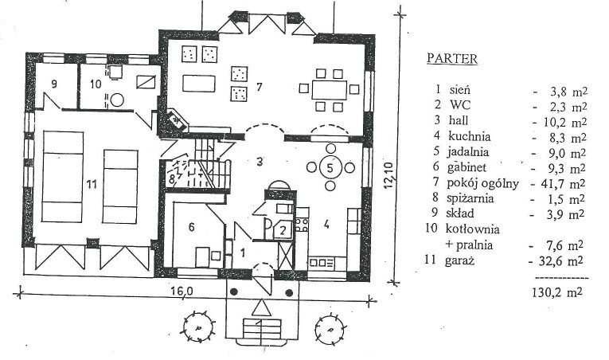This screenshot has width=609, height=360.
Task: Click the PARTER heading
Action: [451, 58]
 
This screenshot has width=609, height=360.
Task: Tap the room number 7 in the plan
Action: [258, 84]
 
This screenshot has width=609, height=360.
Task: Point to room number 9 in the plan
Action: [54, 83]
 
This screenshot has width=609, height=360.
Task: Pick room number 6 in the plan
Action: [191, 226]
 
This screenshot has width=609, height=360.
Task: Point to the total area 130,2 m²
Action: [557, 292]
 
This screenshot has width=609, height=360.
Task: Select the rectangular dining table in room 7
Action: [328, 88]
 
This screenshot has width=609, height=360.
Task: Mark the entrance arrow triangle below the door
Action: [260, 307]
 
